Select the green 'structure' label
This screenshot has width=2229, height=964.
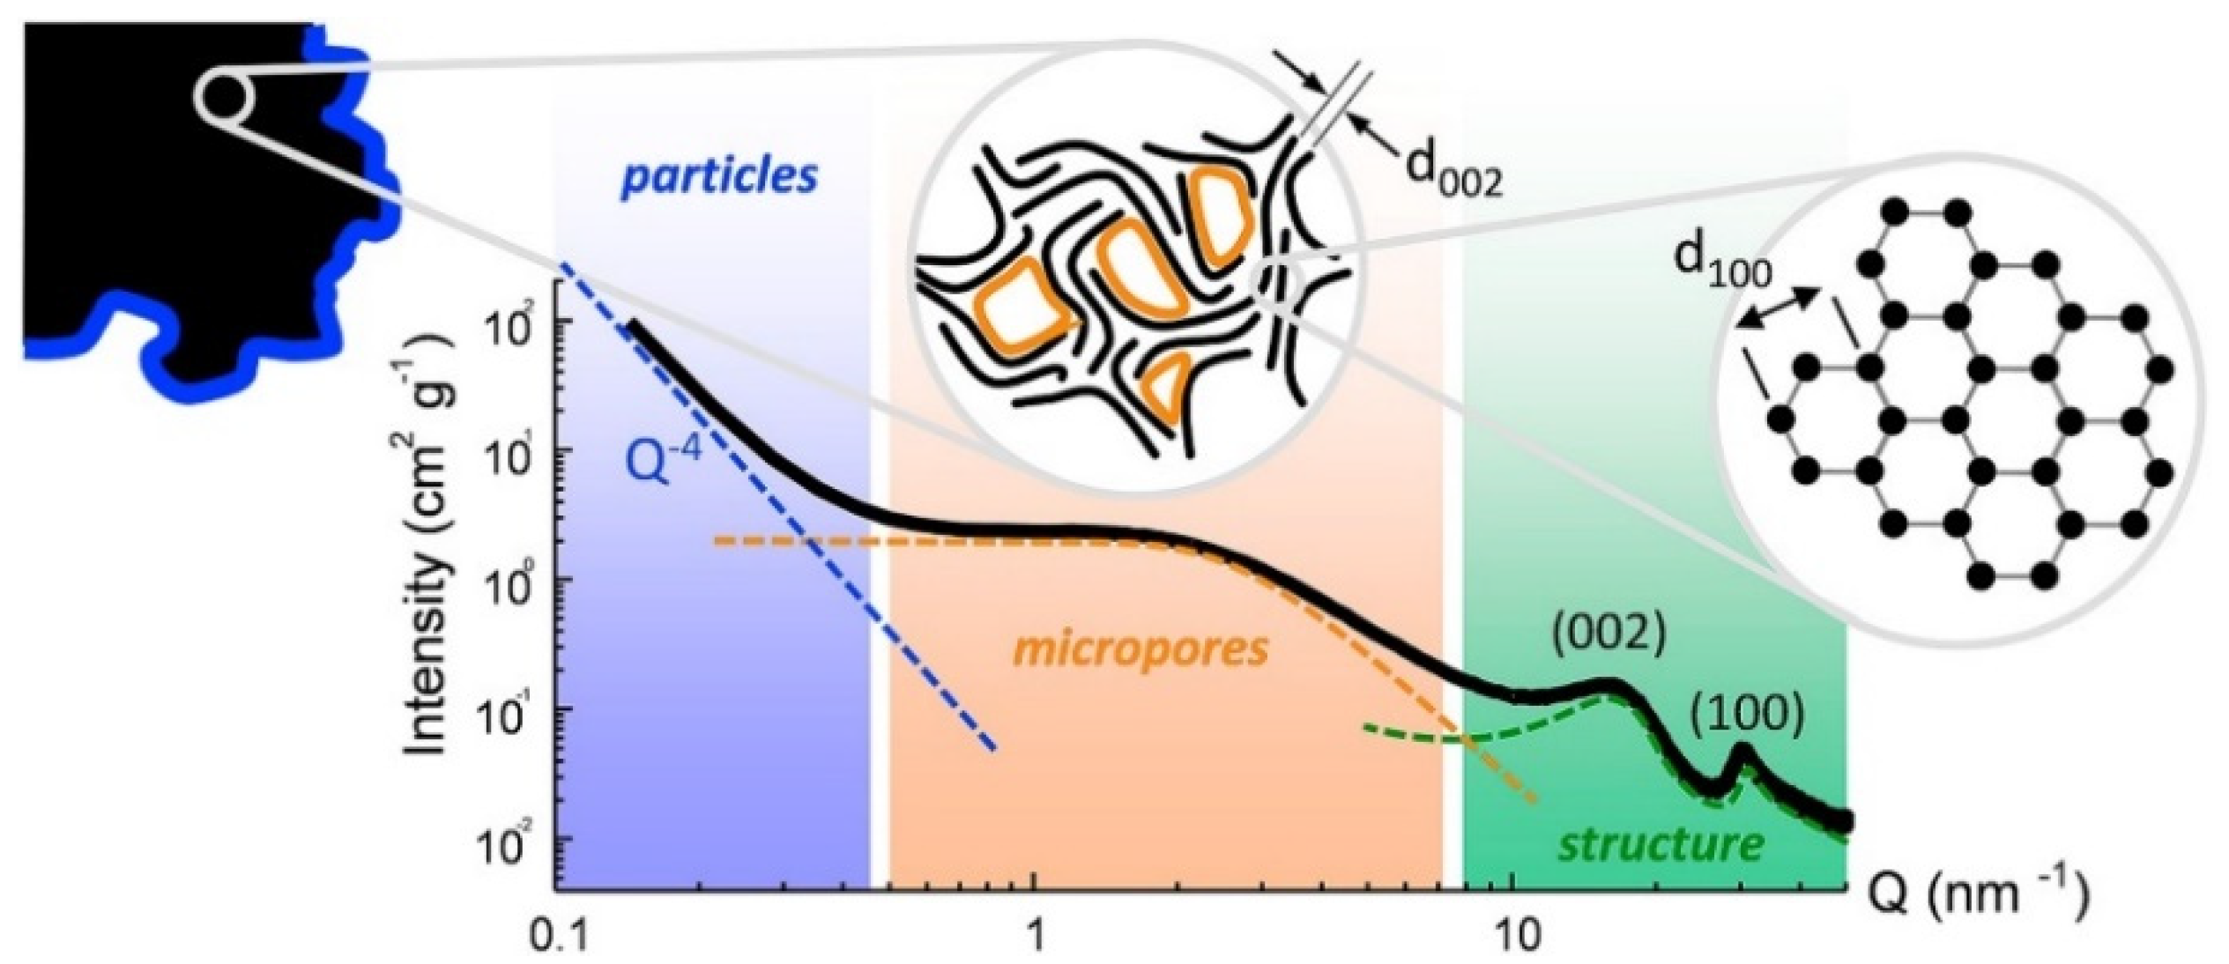coord(1661,844)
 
